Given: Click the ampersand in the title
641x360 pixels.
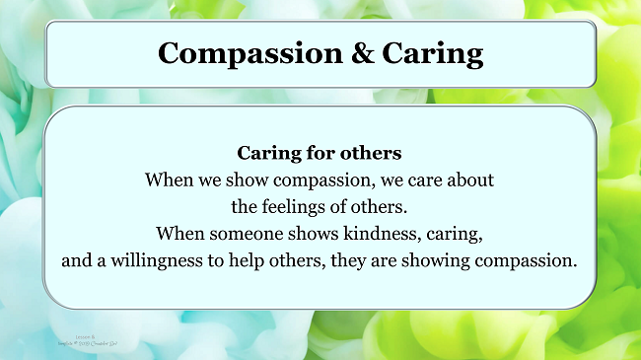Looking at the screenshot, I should (350, 52).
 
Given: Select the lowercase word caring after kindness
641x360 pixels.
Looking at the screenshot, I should (453, 236).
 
